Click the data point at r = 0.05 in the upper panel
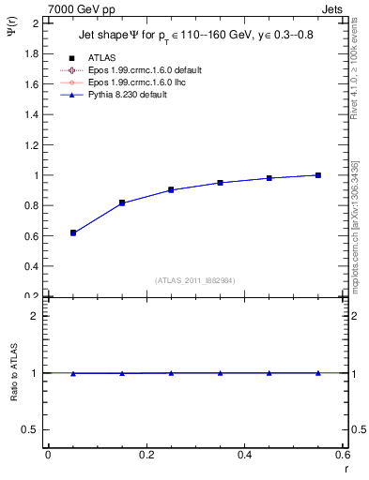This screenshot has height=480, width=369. click(73, 232)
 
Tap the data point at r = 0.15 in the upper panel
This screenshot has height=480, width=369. click(122, 202)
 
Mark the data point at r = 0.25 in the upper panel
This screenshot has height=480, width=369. click(171, 189)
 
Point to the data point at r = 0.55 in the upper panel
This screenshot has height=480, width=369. click(318, 175)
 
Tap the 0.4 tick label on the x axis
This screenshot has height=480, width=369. click(244, 455)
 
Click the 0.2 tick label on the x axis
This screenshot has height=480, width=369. click(146, 455)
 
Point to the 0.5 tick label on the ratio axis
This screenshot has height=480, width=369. click(32, 429)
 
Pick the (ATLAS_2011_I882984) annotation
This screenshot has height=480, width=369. click(195, 280)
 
